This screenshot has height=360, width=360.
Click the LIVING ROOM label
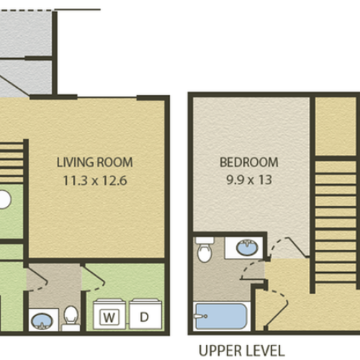[x=95, y=163]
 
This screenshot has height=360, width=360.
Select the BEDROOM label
[x=248, y=163]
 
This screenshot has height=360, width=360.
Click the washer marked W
[x=109, y=316]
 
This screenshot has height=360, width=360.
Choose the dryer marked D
[x=143, y=316]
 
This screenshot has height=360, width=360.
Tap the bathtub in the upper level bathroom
[x=221, y=315]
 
